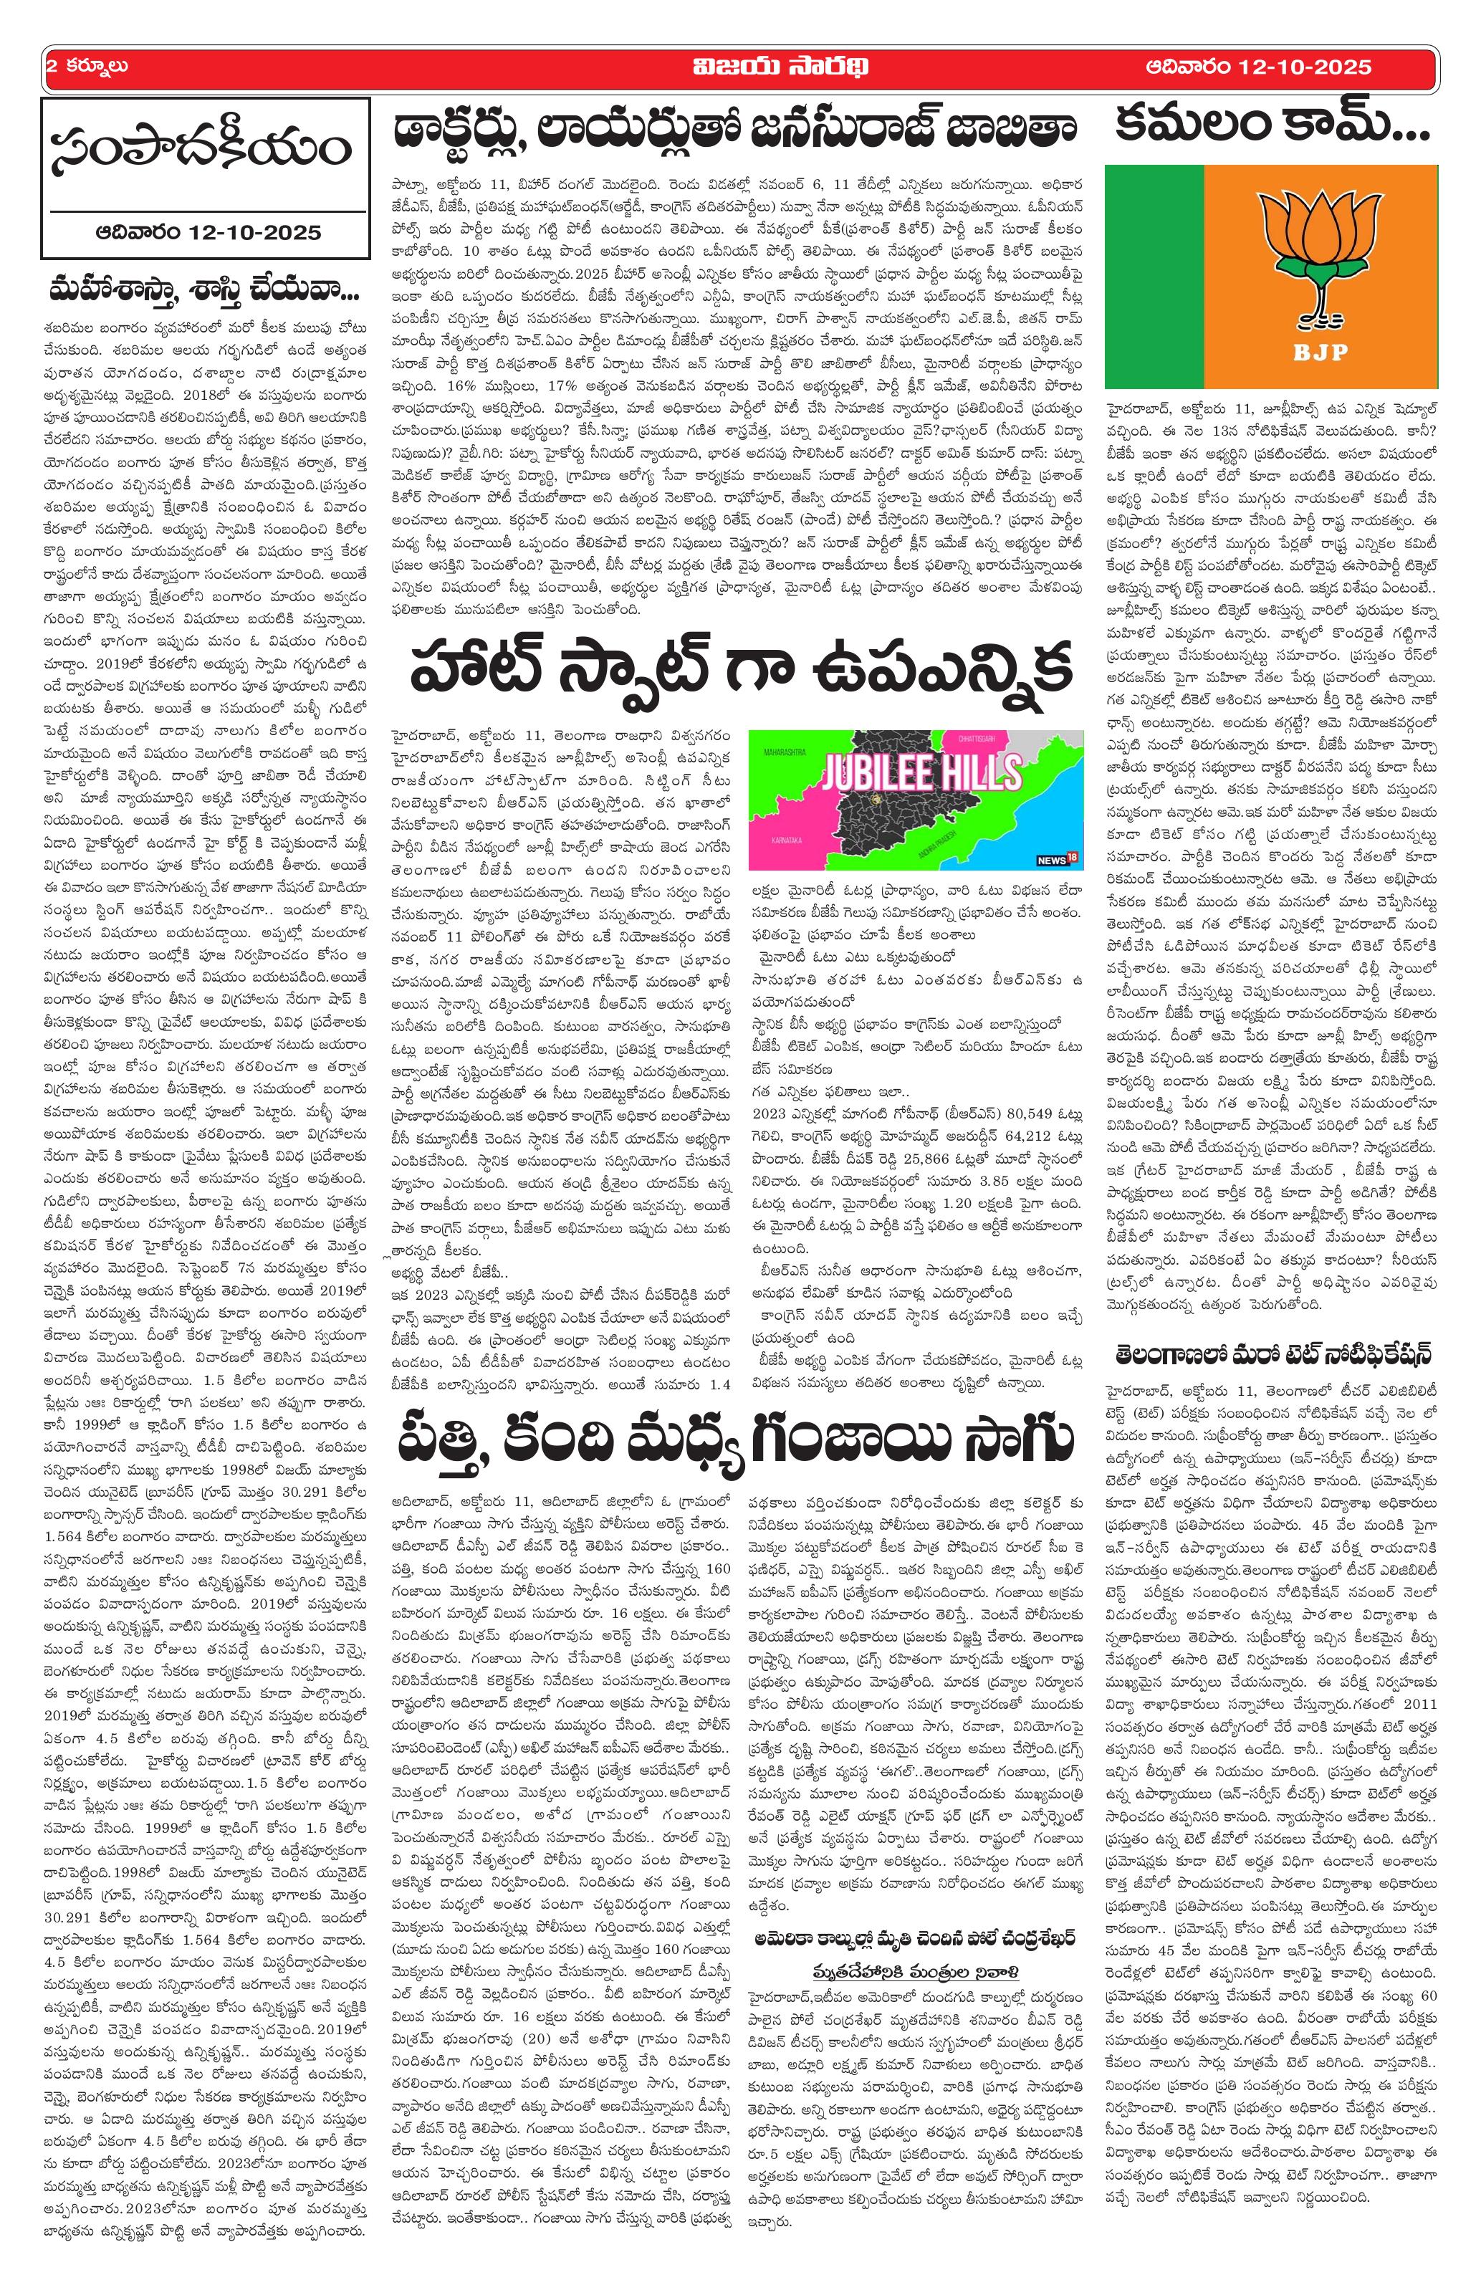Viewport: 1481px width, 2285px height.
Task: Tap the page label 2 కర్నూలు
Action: pyautogui.click(x=88, y=67)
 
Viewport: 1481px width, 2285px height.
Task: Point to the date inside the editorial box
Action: pyautogui.click(x=204, y=231)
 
